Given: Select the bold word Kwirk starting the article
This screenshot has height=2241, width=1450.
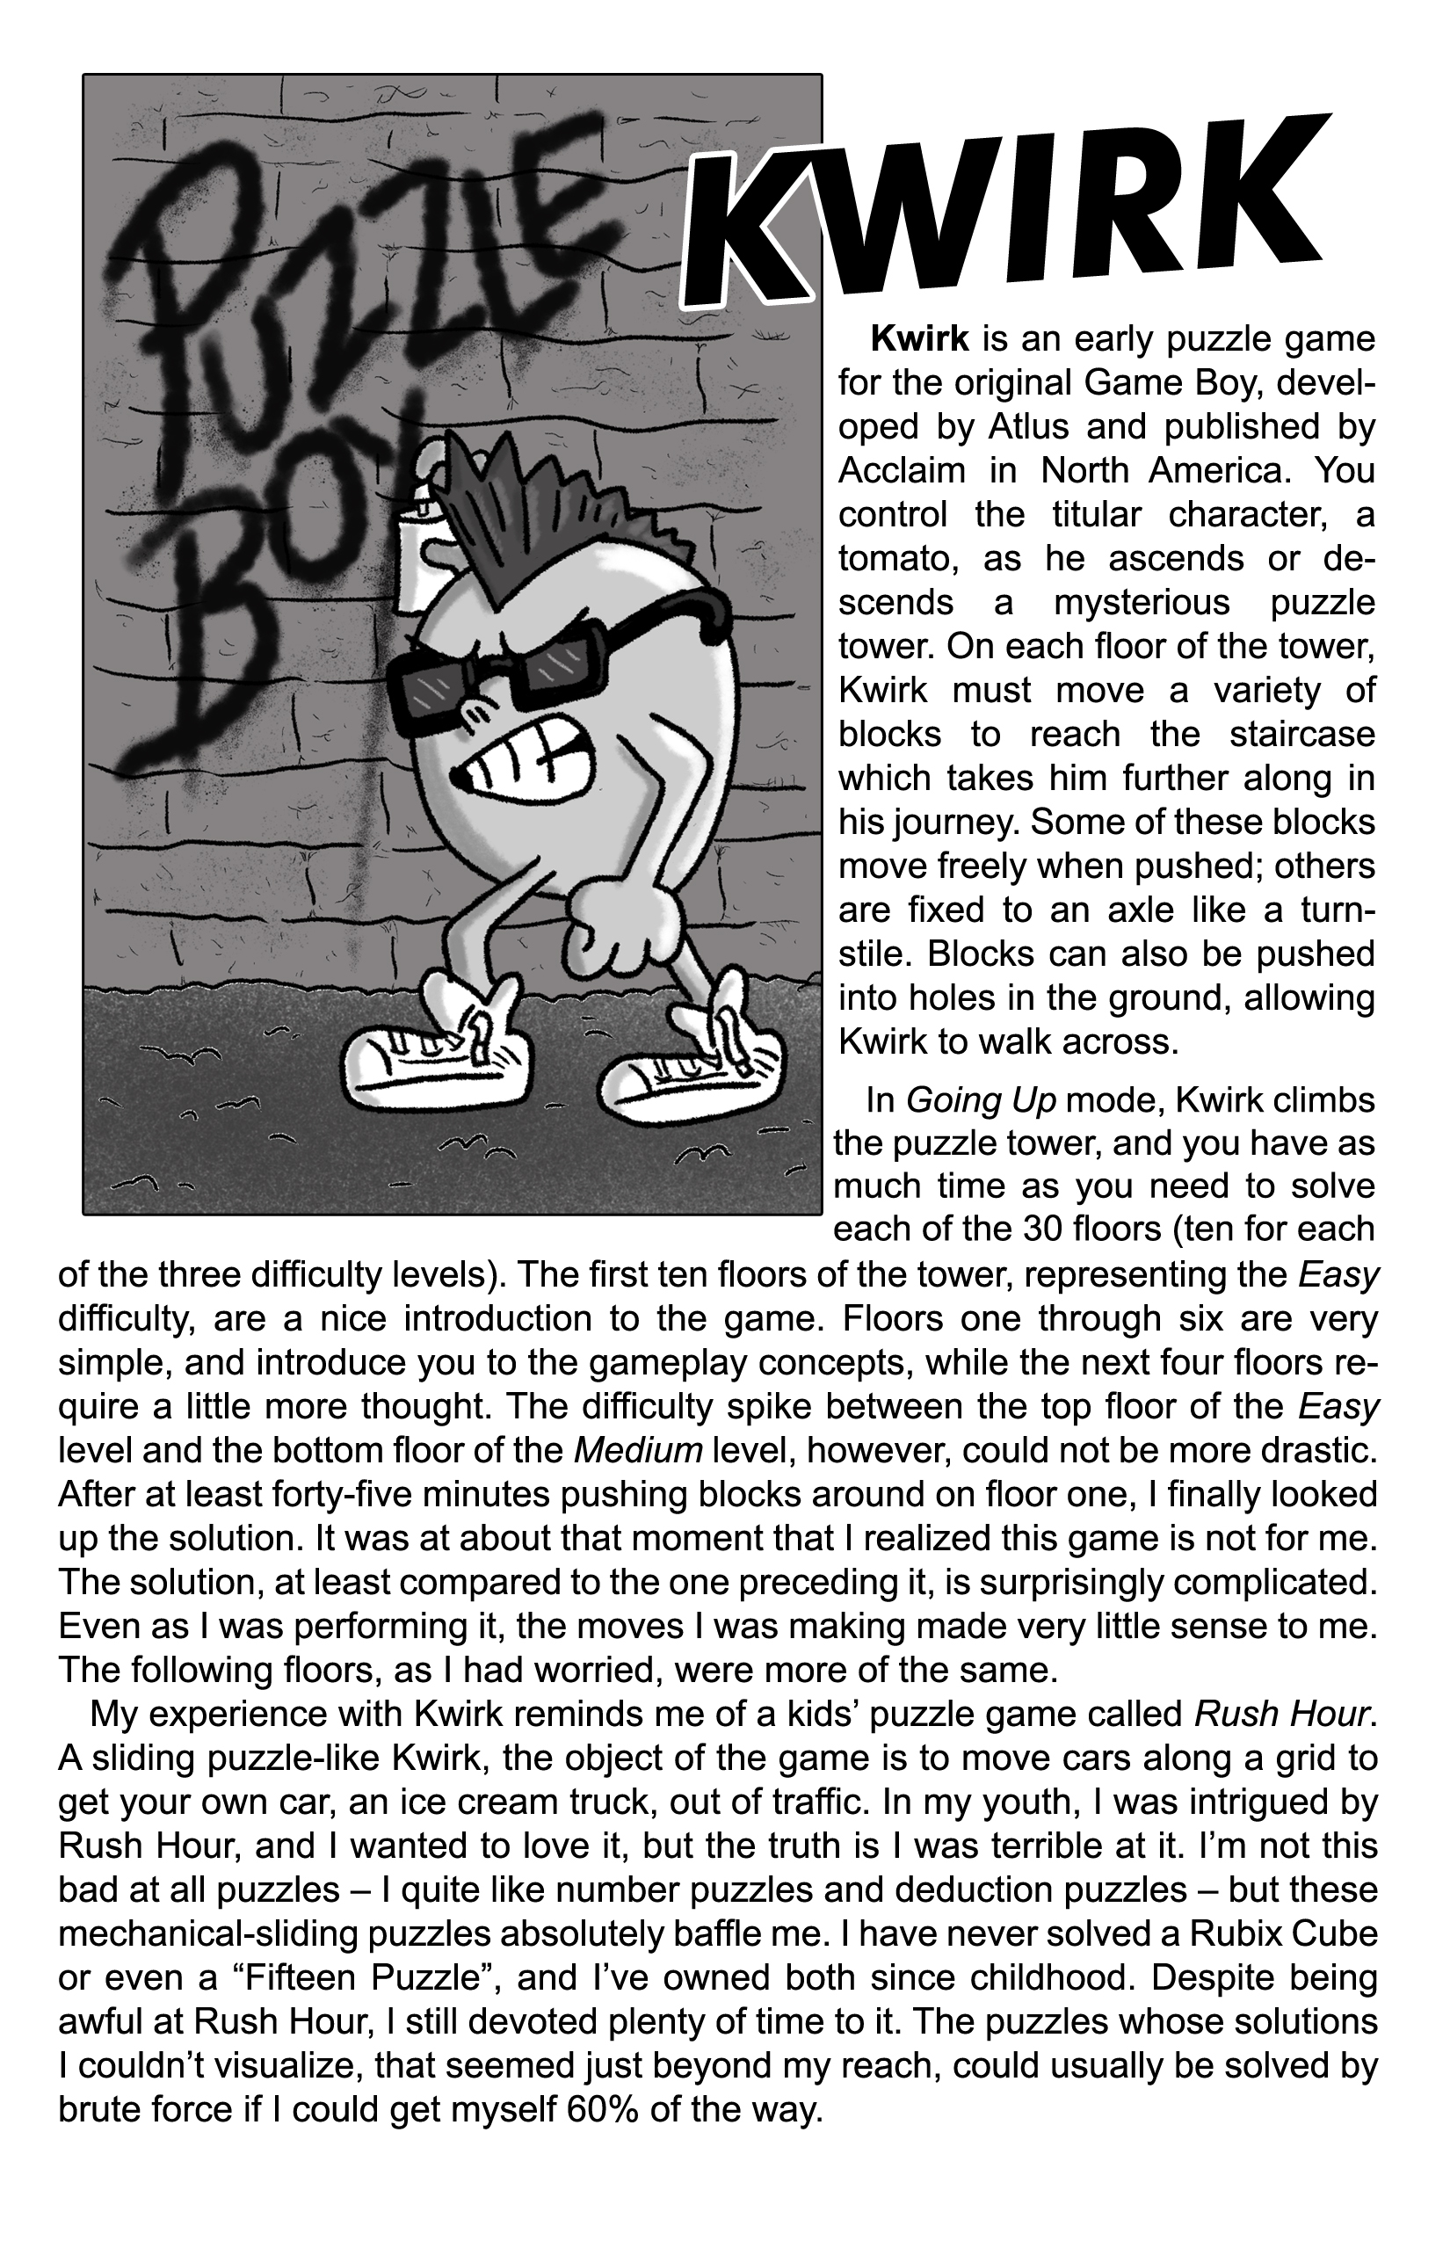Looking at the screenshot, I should point(920,338).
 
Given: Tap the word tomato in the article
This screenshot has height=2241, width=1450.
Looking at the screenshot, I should point(896,558).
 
